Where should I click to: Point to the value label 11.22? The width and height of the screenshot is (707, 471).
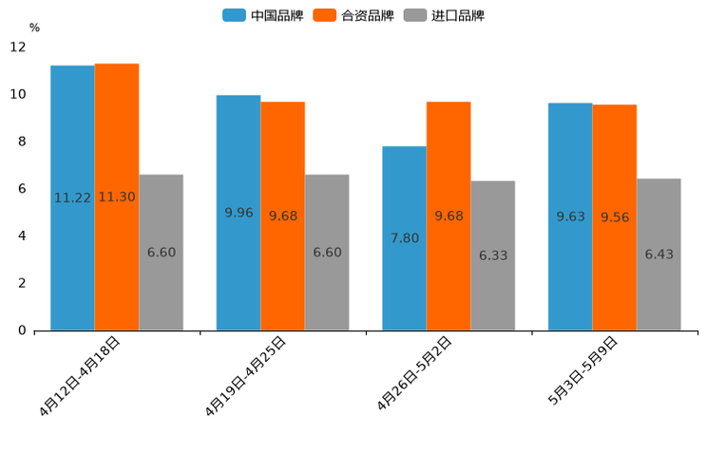coord(72,198)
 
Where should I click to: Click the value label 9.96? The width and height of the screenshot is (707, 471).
coord(239,213)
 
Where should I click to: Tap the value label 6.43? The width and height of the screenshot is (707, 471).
coord(659,254)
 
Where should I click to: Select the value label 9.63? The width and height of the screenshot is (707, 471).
coord(570,217)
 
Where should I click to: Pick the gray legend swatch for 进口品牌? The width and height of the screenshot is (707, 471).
coord(415,15)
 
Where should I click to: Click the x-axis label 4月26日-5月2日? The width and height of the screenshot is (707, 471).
coord(415,372)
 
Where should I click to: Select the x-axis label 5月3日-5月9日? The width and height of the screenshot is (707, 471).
coord(583,370)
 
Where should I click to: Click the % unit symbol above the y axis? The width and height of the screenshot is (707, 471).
coord(34,28)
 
